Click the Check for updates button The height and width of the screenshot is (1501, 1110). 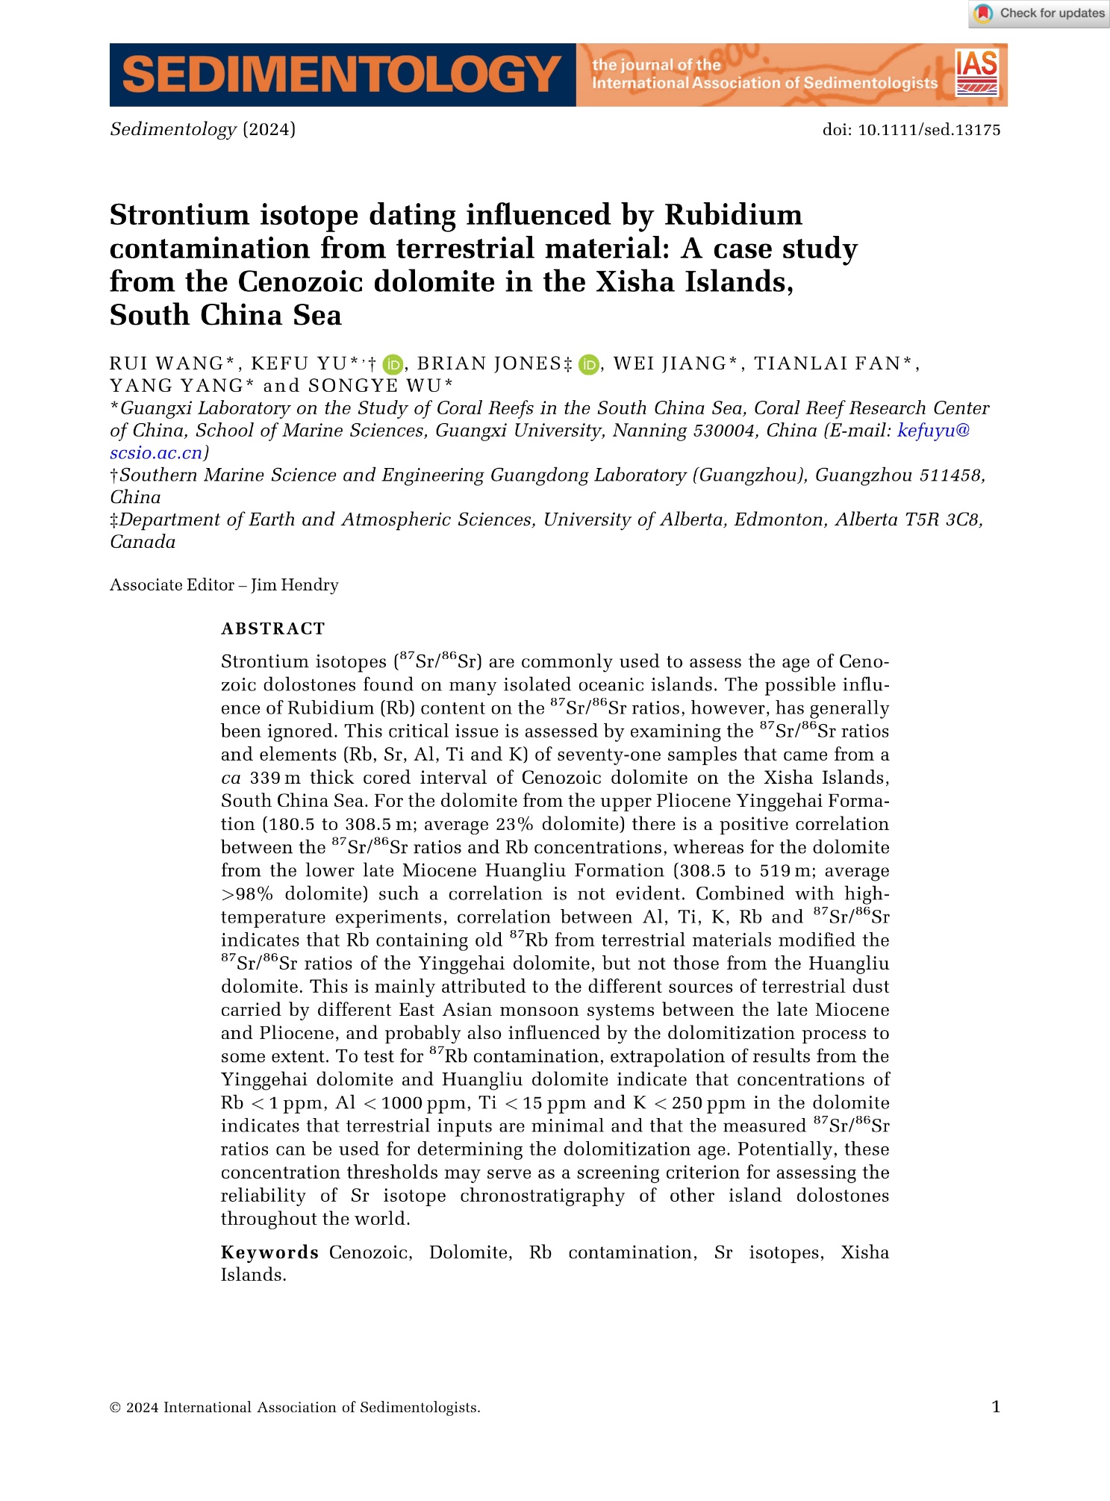coord(1039,13)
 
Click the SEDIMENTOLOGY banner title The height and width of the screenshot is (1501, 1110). coord(342,75)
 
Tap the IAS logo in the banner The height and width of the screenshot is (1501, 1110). coord(976,73)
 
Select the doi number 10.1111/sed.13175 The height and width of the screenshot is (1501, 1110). coord(929,130)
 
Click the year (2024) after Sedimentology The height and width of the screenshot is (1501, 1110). coord(269,129)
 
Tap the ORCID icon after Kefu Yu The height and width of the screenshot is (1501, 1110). coord(393,364)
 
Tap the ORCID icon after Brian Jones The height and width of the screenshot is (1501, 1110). coord(589,364)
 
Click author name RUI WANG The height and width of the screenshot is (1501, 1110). coord(166,363)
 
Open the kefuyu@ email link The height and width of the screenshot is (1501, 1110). coord(933,431)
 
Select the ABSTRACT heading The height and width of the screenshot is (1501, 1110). coord(273,629)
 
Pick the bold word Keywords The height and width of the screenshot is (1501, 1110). coord(270,1252)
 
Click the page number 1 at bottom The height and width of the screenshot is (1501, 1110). coord(996,1407)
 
